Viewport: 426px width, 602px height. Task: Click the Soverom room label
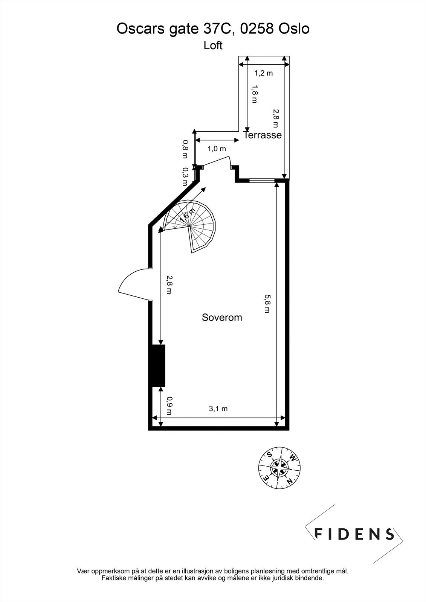tap(222, 317)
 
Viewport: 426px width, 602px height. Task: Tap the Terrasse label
tap(263, 135)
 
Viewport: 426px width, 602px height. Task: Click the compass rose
tap(279, 467)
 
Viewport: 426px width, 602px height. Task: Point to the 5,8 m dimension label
tap(267, 304)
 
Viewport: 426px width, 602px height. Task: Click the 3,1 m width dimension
tap(218, 409)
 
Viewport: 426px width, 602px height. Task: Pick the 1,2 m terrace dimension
tap(264, 73)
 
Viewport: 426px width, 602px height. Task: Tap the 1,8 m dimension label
tap(255, 95)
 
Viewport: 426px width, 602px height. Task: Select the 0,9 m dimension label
tap(169, 406)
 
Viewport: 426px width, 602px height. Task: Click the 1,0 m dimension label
tap(217, 149)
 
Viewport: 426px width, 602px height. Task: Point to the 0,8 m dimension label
tap(185, 145)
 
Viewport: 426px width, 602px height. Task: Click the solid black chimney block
tap(158, 365)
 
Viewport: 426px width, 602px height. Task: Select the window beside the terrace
tap(262, 181)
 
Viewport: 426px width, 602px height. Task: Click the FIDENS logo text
tap(354, 534)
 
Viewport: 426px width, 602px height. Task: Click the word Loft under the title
tap(213, 46)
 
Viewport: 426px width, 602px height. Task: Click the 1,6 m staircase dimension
tap(187, 215)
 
